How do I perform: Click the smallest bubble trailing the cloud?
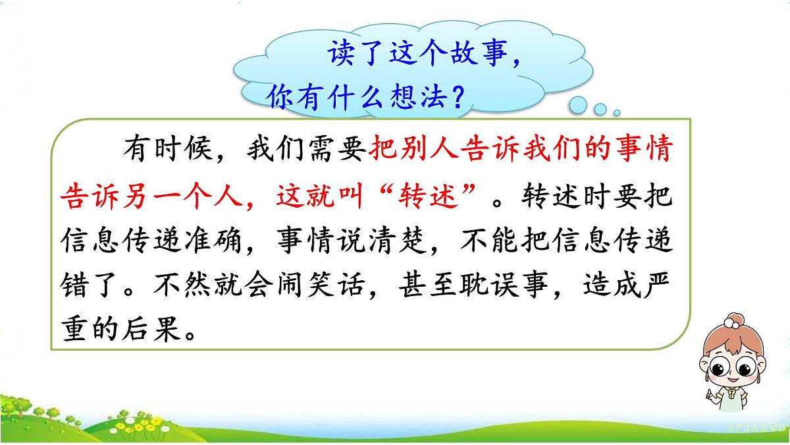point(616,112)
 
